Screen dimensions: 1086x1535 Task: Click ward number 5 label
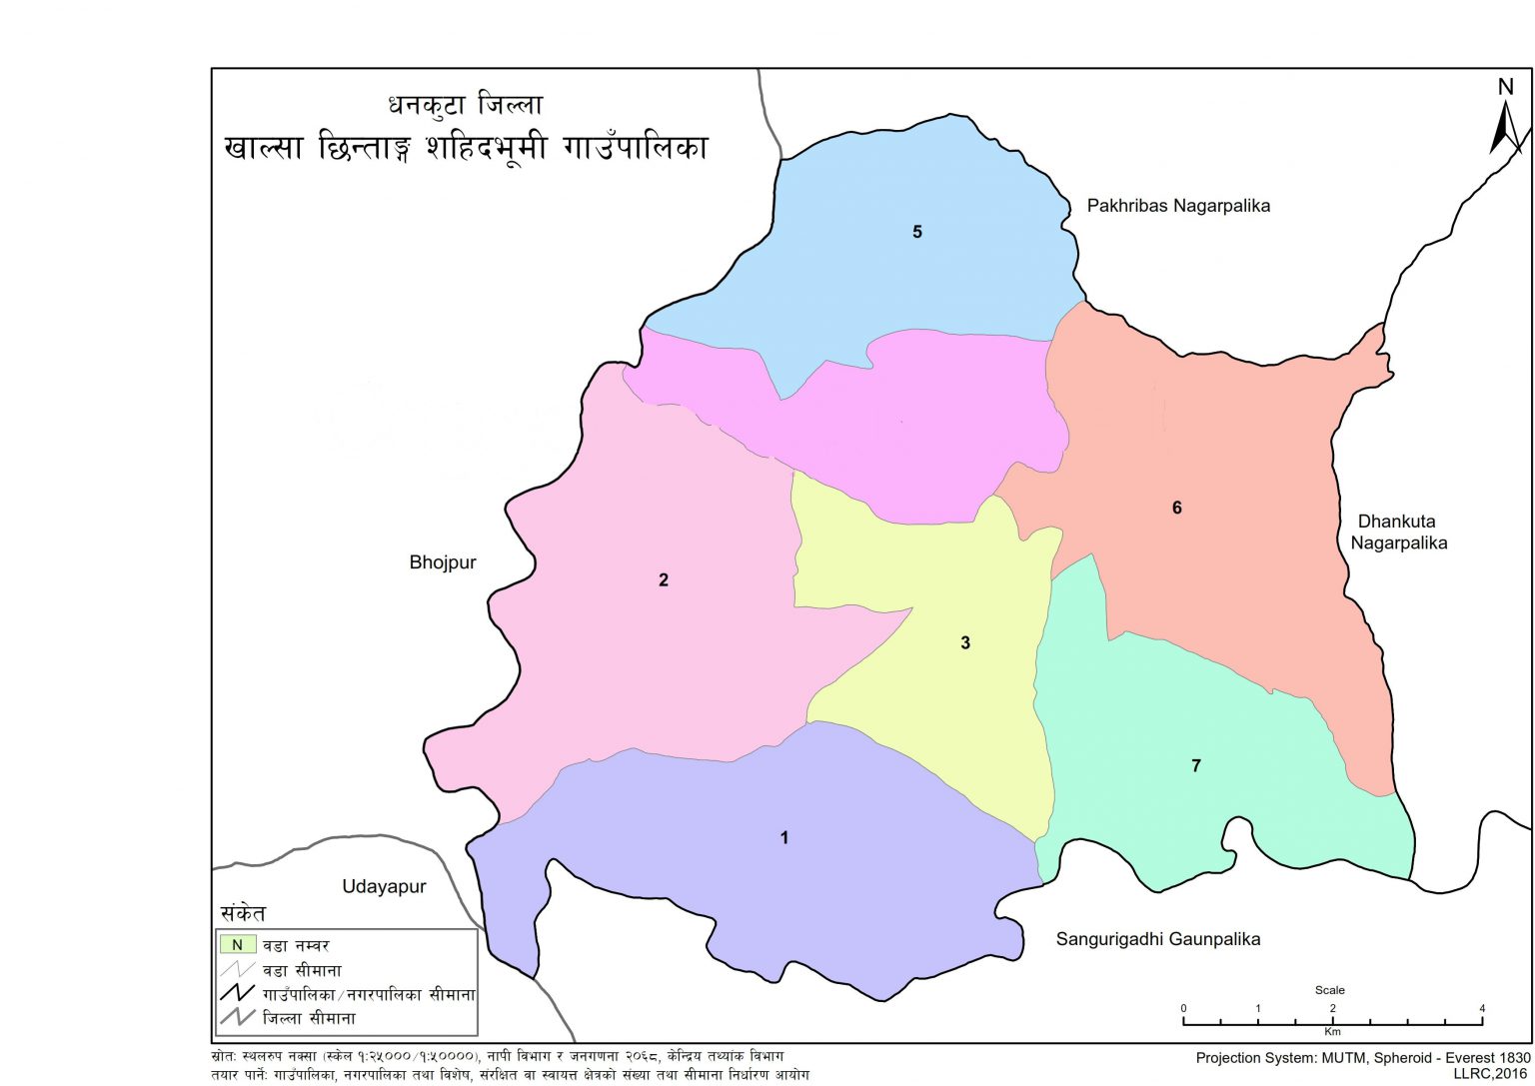click(916, 232)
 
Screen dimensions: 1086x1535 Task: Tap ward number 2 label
click(664, 579)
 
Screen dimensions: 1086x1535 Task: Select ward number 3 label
click(965, 642)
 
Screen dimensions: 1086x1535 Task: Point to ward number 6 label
click(1176, 508)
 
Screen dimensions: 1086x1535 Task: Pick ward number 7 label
click(1195, 765)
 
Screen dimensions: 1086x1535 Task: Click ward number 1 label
click(784, 837)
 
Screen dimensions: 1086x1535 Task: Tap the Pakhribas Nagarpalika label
click(1178, 206)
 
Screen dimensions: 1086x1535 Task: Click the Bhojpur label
click(443, 562)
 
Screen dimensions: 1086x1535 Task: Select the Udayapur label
click(384, 887)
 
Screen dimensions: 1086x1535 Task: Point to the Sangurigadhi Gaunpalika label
click(1157, 939)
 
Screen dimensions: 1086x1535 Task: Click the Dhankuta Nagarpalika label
click(1398, 533)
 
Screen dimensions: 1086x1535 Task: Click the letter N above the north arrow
click(1506, 87)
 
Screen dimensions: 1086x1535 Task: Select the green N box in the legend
click(238, 944)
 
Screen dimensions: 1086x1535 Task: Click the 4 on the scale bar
click(1483, 1008)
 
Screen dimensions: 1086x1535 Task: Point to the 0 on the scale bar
click(1183, 1008)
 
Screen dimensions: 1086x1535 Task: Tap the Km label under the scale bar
click(1332, 1031)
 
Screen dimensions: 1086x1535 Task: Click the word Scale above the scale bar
click(1329, 990)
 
